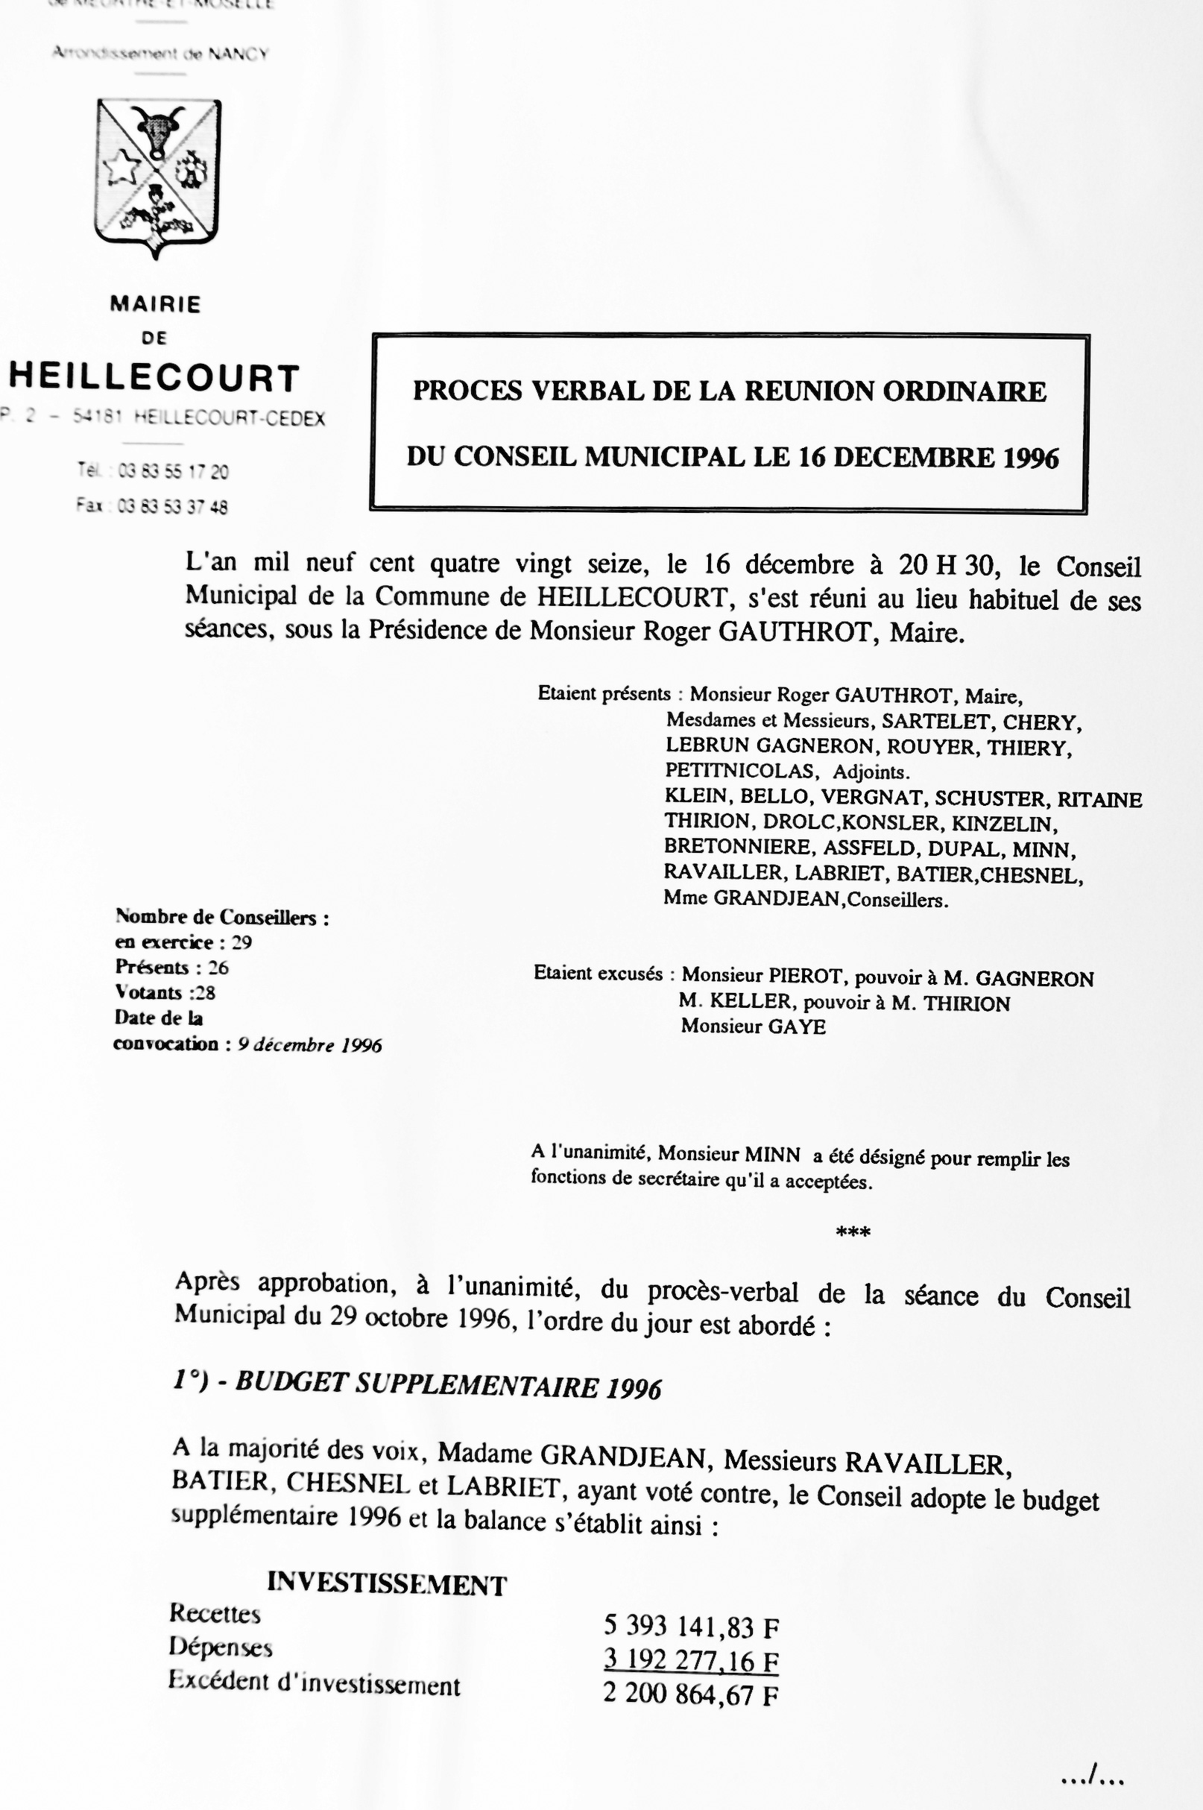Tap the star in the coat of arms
122,168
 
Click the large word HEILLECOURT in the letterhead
154,378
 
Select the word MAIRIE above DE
156,305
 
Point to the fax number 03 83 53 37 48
173,506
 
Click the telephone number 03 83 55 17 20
174,471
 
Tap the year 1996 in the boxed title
1029,458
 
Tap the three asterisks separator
853,1233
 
